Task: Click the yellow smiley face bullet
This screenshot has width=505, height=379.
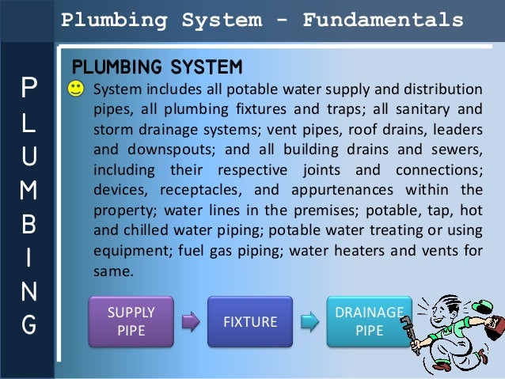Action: click(x=76, y=89)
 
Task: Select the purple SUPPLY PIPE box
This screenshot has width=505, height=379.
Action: click(x=132, y=321)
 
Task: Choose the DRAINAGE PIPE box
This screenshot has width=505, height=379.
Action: click(x=369, y=321)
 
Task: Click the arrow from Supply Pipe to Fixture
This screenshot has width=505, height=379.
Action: click(x=191, y=322)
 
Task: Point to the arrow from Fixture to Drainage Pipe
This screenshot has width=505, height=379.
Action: click(x=309, y=322)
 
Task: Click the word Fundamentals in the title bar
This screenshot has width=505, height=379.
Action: click(x=384, y=18)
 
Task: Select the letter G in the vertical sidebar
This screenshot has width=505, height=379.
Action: click(x=28, y=324)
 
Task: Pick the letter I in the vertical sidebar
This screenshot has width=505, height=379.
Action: click(x=28, y=258)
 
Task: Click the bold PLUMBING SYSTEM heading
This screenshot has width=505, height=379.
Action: click(x=156, y=64)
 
